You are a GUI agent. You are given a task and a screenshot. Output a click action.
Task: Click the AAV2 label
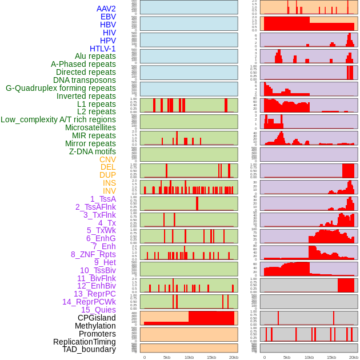(x=106, y=9)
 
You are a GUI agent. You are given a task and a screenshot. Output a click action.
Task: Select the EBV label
(x=108, y=17)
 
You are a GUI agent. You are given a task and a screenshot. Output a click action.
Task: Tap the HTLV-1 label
(x=103, y=49)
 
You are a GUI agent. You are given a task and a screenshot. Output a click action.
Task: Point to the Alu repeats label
(x=95, y=57)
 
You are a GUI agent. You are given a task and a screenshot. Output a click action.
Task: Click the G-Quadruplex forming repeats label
(x=61, y=88)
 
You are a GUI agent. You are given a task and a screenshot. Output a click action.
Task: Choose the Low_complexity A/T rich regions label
(x=58, y=119)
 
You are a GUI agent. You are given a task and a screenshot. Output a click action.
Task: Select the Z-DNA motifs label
(x=93, y=151)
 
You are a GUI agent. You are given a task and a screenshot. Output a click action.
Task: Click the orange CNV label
(x=107, y=159)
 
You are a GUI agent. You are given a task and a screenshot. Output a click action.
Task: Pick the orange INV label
(x=109, y=191)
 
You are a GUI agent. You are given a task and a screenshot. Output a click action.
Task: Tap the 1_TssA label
(x=103, y=199)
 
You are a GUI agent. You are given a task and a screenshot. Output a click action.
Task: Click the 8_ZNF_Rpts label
(x=93, y=254)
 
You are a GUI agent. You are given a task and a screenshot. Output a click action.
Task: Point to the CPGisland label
(x=97, y=318)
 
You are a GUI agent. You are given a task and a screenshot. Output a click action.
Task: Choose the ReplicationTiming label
(x=85, y=342)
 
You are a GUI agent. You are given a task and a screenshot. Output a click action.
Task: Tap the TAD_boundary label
(x=89, y=349)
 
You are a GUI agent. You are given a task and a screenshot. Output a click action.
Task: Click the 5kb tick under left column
(x=167, y=357)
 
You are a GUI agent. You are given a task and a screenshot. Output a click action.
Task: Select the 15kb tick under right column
(x=331, y=357)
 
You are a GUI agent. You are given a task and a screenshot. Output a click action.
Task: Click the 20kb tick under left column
(x=234, y=357)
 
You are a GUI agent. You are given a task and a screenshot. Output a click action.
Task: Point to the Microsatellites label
(x=90, y=127)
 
